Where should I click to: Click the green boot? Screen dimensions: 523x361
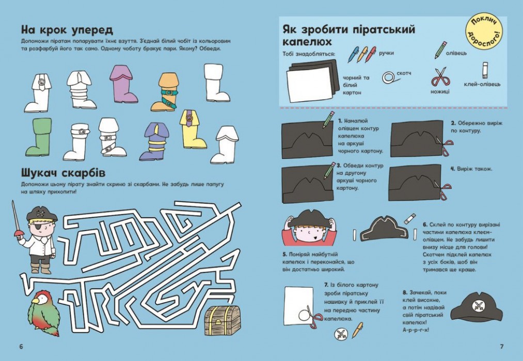click(38, 137)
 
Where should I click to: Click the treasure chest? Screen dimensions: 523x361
click(222, 320)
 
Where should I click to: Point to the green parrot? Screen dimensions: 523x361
click(43, 313)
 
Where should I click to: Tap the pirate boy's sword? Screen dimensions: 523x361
click(15, 220)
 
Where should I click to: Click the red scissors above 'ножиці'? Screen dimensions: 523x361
click(440, 77)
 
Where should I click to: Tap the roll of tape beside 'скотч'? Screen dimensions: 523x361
click(388, 77)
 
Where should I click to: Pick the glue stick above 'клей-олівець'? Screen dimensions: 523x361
click(485, 70)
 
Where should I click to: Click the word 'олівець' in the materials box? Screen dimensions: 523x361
click(456, 53)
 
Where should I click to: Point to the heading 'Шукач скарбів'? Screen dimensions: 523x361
click(63, 173)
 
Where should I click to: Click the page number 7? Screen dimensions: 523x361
click(502, 347)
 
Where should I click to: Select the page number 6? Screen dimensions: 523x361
click(21, 347)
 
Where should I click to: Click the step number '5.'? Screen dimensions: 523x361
click(284, 255)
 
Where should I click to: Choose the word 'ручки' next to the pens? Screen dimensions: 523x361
click(386, 53)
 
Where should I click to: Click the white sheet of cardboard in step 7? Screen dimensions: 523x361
click(299, 304)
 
